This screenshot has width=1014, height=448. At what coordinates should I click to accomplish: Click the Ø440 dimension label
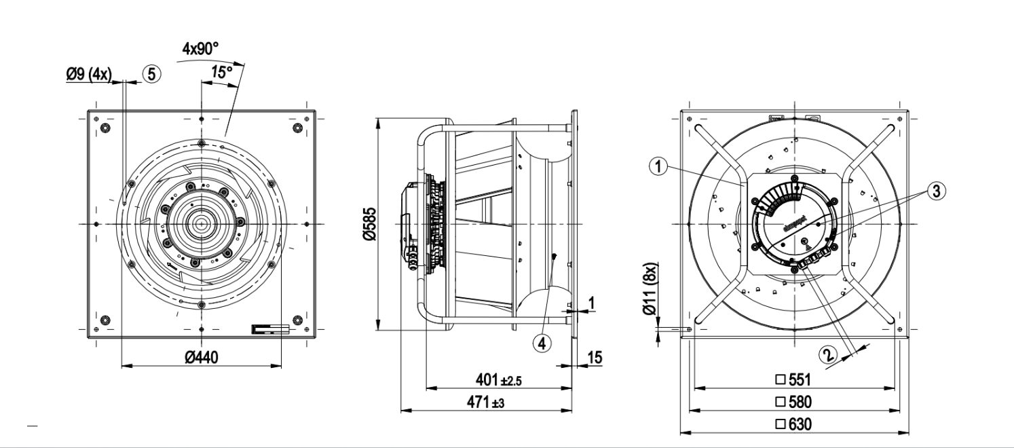[x=201, y=357]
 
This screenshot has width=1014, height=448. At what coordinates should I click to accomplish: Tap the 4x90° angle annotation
[x=201, y=49]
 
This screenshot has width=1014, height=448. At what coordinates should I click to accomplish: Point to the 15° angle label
[x=221, y=71]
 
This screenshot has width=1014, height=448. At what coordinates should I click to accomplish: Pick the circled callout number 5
[x=152, y=74]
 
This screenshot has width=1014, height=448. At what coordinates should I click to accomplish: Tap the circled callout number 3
[x=936, y=191]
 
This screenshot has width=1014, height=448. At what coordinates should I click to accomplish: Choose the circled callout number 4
[x=542, y=343]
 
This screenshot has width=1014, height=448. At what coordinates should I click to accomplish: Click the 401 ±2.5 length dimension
[x=498, y=380]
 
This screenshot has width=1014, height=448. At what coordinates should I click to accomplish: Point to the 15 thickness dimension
[x=594, y=358]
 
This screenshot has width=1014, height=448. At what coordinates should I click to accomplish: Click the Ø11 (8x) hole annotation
[x=650, y=288]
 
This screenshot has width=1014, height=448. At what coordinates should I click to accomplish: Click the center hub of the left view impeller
[x=202, y=224]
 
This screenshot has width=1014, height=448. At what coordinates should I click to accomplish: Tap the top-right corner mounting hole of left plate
[x=297, y=128]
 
